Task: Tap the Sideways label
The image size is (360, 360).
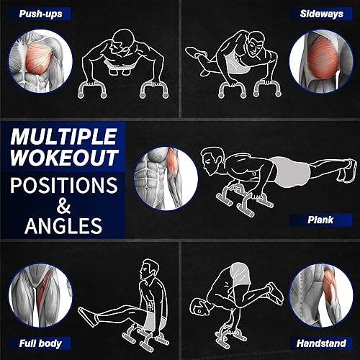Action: (322, 13)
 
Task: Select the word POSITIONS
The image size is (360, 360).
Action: (63, 184)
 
